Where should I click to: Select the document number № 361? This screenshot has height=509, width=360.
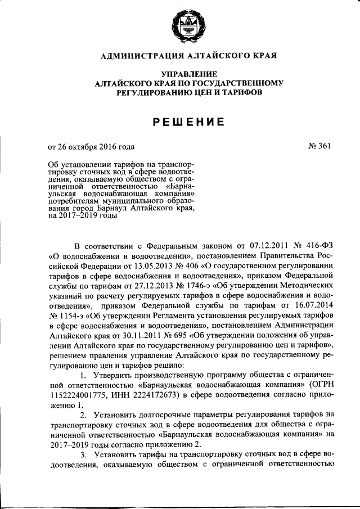319,147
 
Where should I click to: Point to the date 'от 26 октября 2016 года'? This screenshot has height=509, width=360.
91,148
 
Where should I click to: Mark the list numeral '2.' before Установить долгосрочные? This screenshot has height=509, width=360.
83,415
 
